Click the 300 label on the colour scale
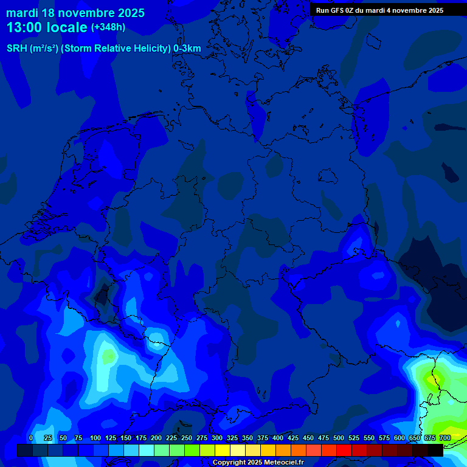coord(217,438)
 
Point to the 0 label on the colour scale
coord(31,438)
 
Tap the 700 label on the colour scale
coord(445,438)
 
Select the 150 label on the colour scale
coord(126,438)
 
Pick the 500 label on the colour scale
coord(339,438)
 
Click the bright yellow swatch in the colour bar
coord(223,450)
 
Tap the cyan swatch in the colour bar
coord(147,450)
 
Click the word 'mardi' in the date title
coord(22,13)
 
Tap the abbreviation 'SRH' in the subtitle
coord(17,48)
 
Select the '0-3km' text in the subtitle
coord(187,48)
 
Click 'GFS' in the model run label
coord(337,10)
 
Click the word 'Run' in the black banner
coord(322,10)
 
